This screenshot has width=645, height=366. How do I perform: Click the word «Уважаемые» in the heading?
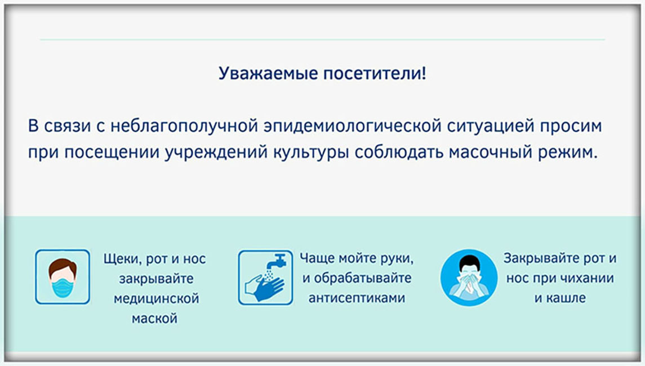click(x=268, y=74)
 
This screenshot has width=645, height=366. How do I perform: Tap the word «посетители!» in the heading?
click(x=375, y=73)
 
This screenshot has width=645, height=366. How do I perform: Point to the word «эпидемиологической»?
click(x=353, y=126)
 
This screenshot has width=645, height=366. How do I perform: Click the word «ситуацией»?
click(x=490, y=126)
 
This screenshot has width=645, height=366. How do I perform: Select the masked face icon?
click(x=63, y=277)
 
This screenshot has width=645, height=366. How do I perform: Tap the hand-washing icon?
click(x=265, y=278)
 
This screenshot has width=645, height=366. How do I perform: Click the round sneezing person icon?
click(x=469, y=278)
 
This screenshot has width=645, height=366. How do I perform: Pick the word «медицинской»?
click(x=156, y=298)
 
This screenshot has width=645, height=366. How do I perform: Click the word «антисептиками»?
click(x=357, y=298)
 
